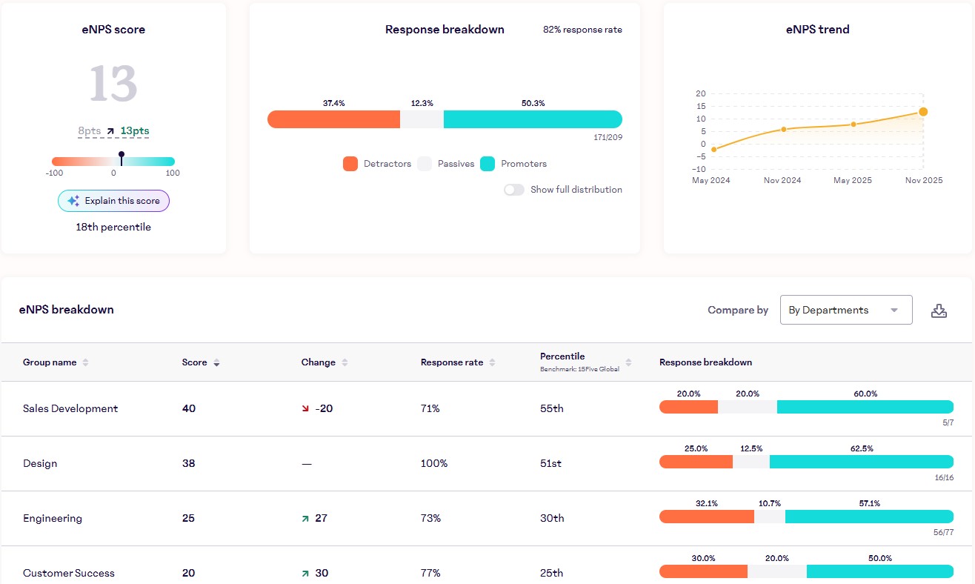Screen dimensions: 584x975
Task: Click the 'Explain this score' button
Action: (x=113, y=201)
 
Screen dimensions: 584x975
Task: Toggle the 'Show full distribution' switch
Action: (x=514, y=190)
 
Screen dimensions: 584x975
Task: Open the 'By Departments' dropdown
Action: (x=845, y=310)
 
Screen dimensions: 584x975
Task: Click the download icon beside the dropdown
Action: (x=939, y=311)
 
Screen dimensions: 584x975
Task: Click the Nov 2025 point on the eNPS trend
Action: (x=923, y=112)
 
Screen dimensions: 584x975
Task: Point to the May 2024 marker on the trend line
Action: (x=713, y=150)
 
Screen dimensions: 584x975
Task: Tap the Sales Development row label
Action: (x=70, y=408)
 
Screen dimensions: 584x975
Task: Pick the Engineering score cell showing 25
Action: (x=188, y=518)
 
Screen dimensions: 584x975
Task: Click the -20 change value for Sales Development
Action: (x=323, y=408)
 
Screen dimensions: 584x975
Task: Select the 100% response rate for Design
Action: (x=434, y=463)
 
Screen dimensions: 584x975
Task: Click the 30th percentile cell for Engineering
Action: (x=552, y=518)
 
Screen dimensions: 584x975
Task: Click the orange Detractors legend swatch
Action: (x=350, y=164)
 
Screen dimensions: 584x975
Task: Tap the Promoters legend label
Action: (x=523, y=164)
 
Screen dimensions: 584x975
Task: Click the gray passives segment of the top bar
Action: (x=422, y=119)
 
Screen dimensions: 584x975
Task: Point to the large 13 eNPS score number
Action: (x=113, y=83)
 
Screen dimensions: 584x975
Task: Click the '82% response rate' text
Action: (x=582, y=30)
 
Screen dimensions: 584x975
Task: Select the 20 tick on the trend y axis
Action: (x=700, y=94)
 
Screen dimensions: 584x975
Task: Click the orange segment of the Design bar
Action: (x=695, y=462)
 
